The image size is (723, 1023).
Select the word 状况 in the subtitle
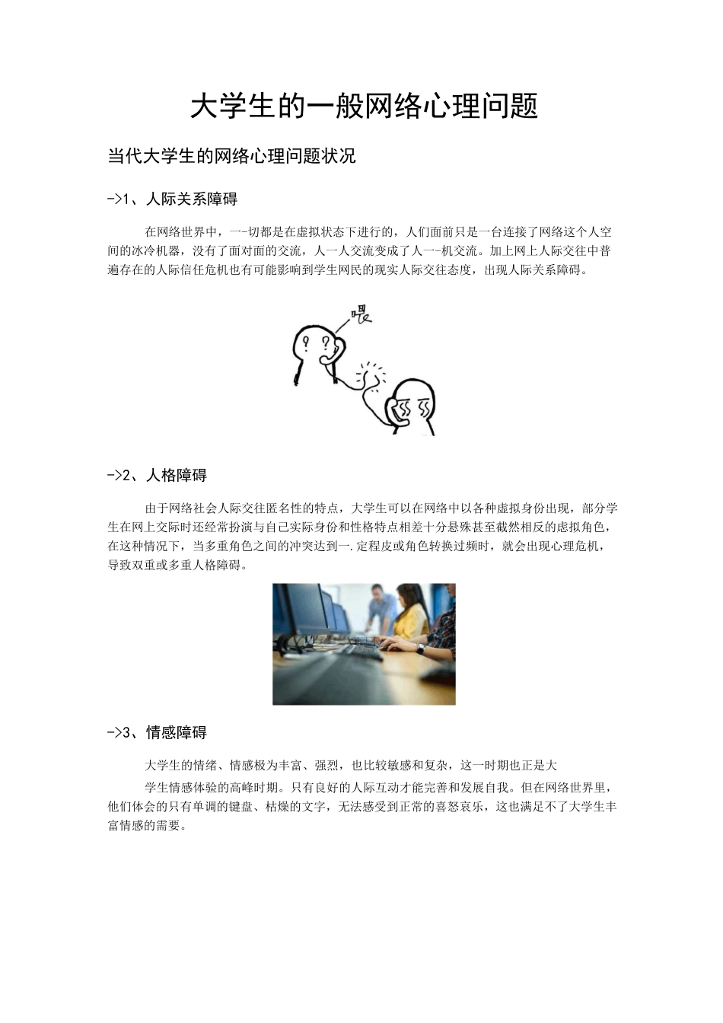(x=339, y=157)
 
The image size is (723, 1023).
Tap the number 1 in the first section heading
(x=126, y=199)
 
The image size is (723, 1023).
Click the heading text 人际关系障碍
(x=192, y=199)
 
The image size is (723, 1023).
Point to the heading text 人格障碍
(x=177, y=476)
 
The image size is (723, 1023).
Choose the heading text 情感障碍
(x=177, y=733)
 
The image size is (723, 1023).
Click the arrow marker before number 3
(x=114, y=733)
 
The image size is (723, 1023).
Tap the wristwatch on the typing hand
(x=420, y=649)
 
